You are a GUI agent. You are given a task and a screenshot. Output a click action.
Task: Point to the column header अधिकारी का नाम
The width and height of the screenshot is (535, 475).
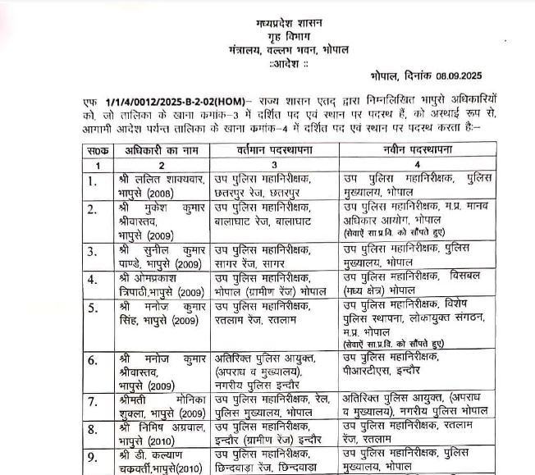(152, 151)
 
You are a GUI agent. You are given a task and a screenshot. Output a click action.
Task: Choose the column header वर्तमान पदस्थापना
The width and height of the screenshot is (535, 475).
(273, 151)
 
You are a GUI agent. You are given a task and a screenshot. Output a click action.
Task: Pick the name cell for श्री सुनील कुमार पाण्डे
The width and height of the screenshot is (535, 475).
(156, 254)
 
